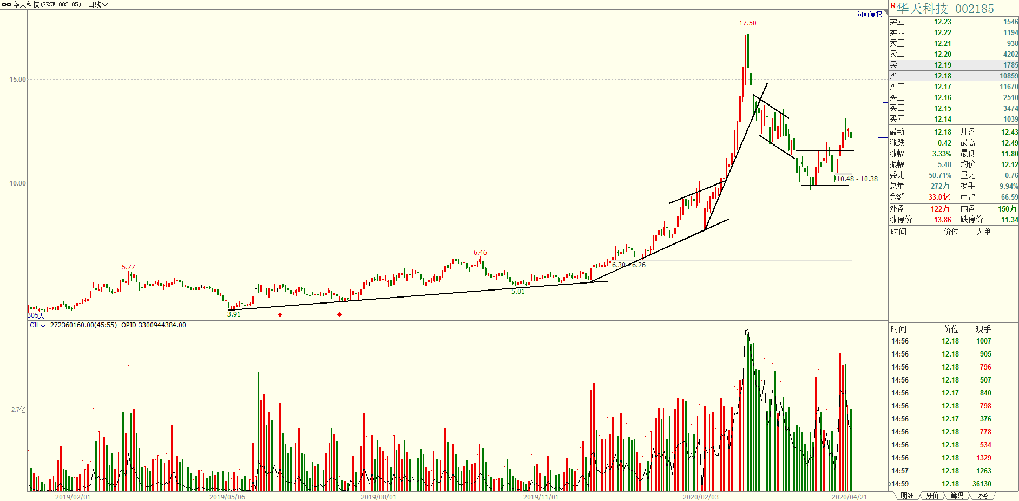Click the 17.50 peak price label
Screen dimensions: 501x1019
pyautogui.click(x=747, y=23)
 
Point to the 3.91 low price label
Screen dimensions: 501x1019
pyautogui.click(x=234, y=314)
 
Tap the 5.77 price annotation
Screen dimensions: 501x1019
pyautogui.click(x=128, y=267)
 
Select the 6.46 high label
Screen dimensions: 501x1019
pyautogui.click(x=480, y=253)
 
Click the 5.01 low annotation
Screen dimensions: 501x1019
pyautogui.click(x=518, y=292)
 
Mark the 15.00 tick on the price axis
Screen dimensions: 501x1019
pyautogui.click(x=17, y=80)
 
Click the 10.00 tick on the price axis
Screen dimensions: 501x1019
pyautogui.click(x=17, y=183)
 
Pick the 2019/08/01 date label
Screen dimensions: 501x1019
pyautogui.click(x=378, y=497)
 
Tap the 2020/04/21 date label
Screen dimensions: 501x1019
pyautogui.click(x=849, y=497)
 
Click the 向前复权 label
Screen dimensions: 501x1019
pyautogui.click(x=869, y=15)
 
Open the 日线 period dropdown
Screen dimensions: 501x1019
pyautogui.click(x=97, y=4)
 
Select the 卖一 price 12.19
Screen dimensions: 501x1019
pyautogui.click(x=942, y=65)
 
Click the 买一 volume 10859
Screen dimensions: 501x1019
pyautogui.click(x=1009, y=76)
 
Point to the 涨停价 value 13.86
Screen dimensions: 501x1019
pyautogui.click(x=942, y=220)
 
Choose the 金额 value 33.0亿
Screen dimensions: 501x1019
pyautogui.click(x=939, y=197)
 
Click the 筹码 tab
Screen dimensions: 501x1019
pyautogui.click(x=956, y=496)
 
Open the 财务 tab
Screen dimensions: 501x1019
pyautogui.click(x=981, y=496)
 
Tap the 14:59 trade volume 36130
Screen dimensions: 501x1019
pyautogui.click(x=982, y=484)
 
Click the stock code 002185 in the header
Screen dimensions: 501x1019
pyautogui.click(x=974, y=9)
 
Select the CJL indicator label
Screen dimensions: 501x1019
pyautogui.click(x=37, y=325)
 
